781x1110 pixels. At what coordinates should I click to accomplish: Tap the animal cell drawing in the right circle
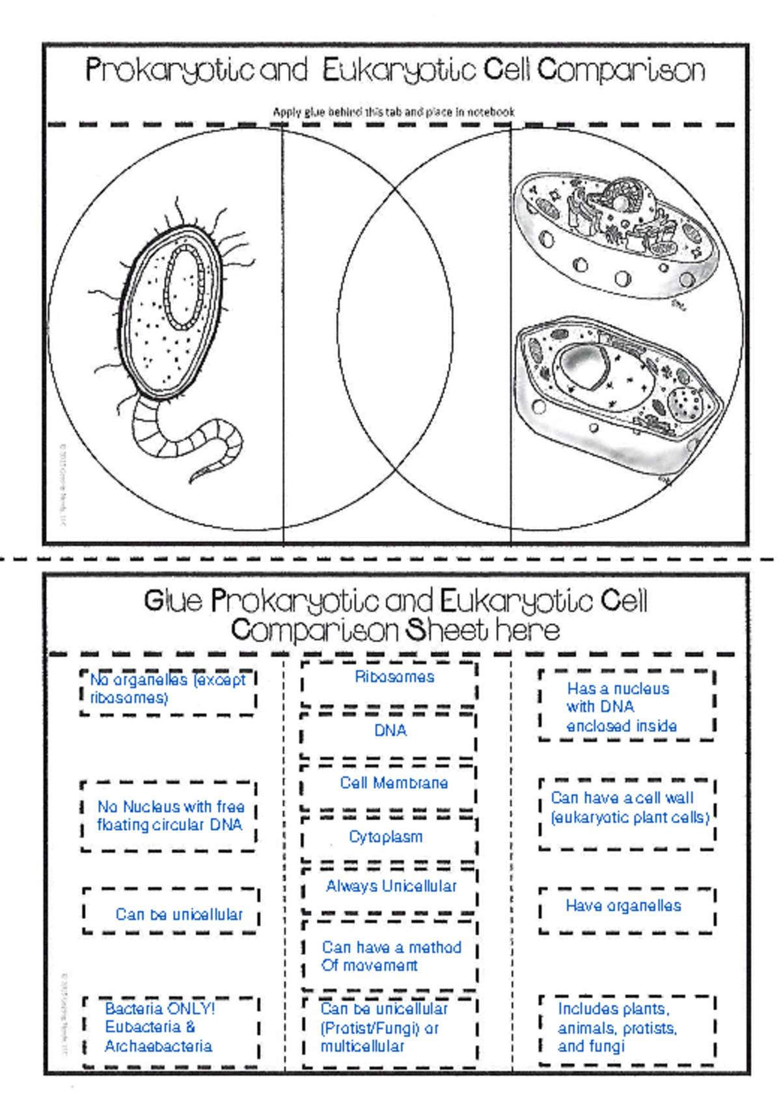tap(615, 237)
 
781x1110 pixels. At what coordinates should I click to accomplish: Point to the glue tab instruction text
tap(393, 112)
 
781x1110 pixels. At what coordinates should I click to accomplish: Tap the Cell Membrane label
tap(394, 783)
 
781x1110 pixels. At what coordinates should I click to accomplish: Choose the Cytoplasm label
tap(386, 837)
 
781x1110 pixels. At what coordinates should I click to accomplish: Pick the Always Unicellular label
tap(391, 886)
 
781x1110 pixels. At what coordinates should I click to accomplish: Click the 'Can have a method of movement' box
tap(390, 956)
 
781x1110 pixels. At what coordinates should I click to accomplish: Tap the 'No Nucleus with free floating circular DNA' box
tap(170, 816)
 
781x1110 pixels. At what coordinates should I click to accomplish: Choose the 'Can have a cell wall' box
tap(629, 807)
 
